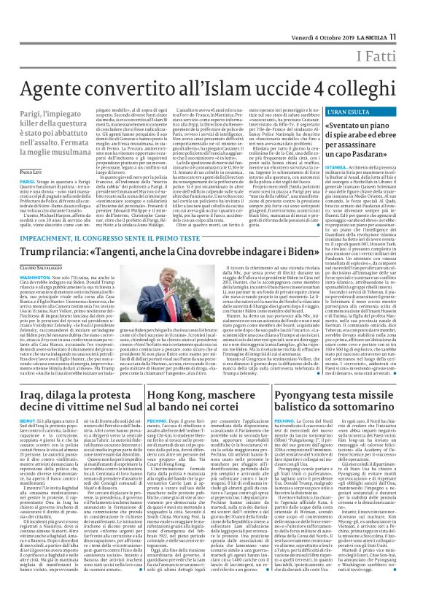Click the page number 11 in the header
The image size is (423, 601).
(x=412, y=15)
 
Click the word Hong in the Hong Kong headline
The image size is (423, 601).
(x=165, y=396)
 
